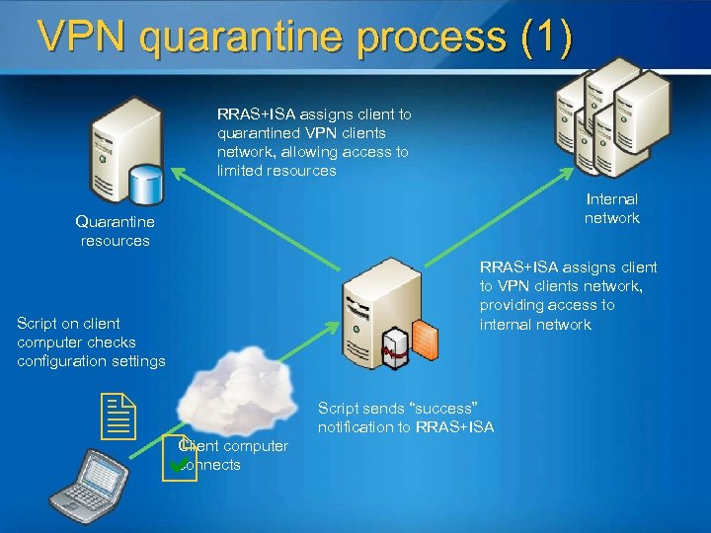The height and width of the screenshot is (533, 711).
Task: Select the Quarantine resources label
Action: (115, 231)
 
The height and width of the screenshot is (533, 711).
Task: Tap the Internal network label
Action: (612, 208)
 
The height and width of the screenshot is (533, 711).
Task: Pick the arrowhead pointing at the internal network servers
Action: (571, 171)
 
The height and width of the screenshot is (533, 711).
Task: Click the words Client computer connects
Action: (233, 455)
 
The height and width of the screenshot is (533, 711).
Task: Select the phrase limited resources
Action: (276, 171)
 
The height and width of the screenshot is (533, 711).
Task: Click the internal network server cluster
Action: (602, 114)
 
